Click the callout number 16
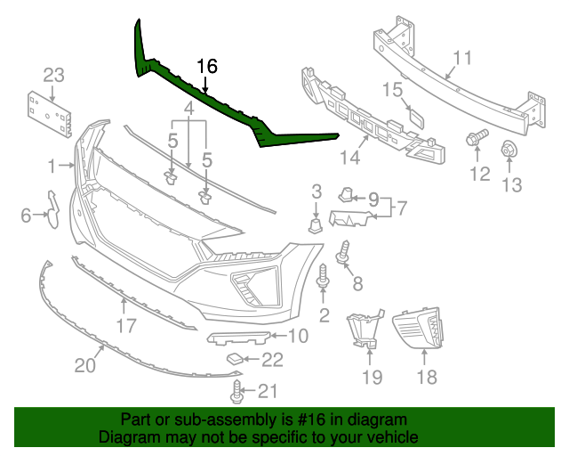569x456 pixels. click(x=206, y=66)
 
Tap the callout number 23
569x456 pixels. click(x=53, y=74)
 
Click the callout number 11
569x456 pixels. click(x=462, y=60)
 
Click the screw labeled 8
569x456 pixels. click(x=344, y=252)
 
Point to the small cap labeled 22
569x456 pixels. click(x=234, y=358)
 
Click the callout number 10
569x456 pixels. click(x=297, y=336)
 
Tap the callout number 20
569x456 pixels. click(x=84, y=365)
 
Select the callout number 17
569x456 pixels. click(x=125, y=326)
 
